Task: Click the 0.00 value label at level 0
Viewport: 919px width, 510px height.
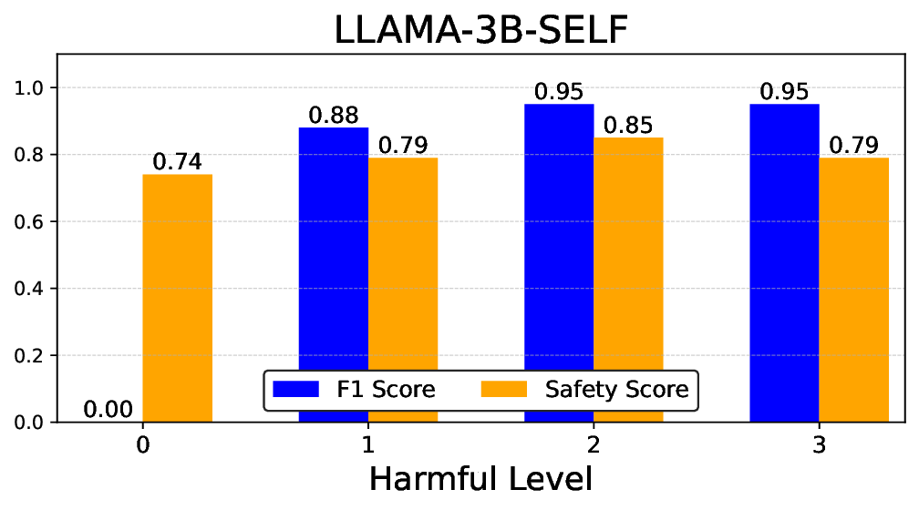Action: pyautogui.click(x=108, y=410)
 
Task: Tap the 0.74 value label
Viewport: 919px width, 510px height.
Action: pyautogui.click(x=178, y=162)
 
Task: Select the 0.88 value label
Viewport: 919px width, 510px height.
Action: pyautogui.click(x=334, y=116)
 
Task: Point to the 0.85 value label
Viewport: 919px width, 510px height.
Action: pyautogui.click(x=628, y=126)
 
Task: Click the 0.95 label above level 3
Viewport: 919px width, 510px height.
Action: pyautogui.click(x=784, y=92)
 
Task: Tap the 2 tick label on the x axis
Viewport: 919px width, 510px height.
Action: pyautogui.click(x=594, y=445)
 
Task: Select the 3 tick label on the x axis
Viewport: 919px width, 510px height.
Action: pyautogui.click(x=819, y=445)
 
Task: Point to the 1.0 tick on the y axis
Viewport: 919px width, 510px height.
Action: pyautogui.click(x=33, y=88)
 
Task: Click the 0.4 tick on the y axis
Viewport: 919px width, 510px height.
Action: pyautogui.click(x=33, y=289)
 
